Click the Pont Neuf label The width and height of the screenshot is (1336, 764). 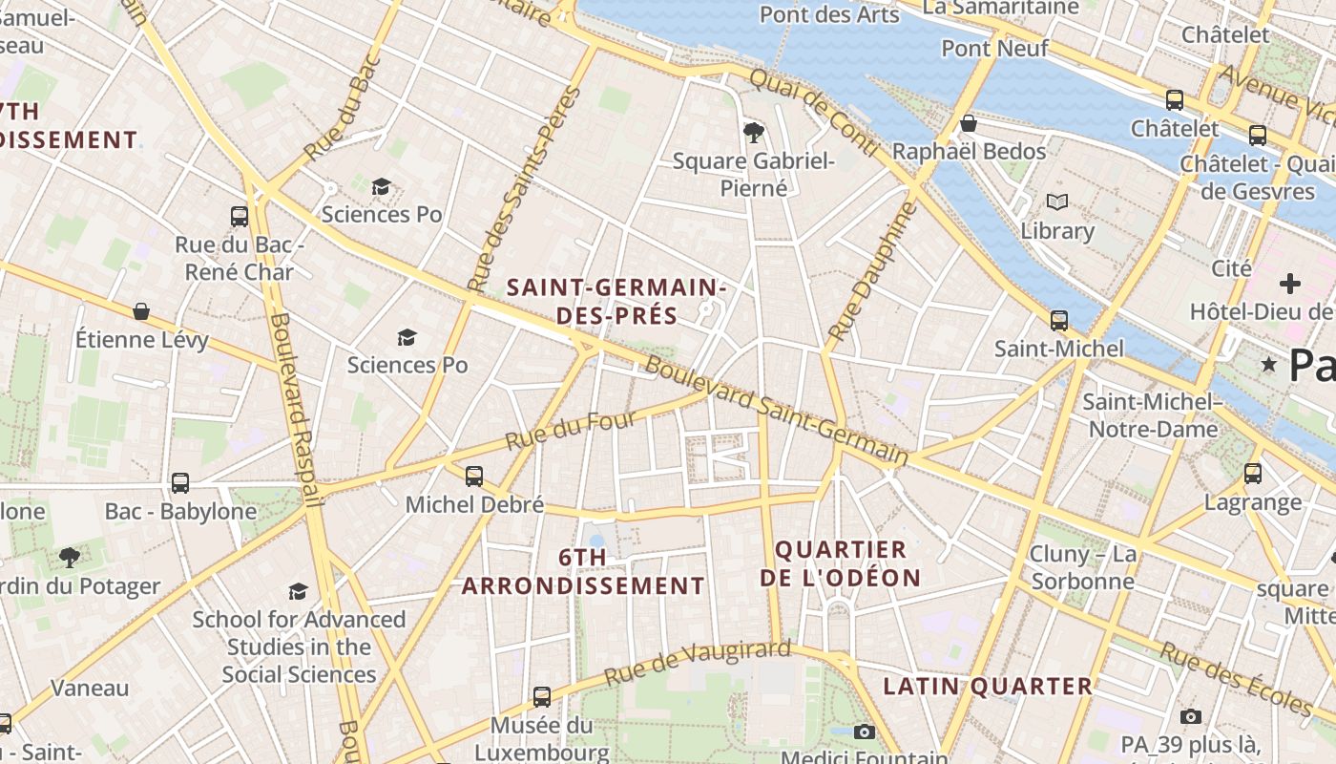994,48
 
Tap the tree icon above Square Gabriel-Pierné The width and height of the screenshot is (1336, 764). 753,132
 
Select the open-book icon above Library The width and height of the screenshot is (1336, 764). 1056,202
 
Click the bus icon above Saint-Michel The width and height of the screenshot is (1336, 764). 1059,320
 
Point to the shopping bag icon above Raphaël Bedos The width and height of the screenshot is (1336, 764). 969,123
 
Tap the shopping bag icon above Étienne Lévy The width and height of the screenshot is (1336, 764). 141,311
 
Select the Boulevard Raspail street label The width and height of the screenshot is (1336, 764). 293,407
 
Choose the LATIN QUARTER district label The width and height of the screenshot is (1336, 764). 988,686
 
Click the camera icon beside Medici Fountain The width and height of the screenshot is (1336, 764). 865,732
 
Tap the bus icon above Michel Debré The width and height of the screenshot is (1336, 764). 474,476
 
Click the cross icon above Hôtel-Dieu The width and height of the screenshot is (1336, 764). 1290,283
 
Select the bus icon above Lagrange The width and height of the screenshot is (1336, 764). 1253,473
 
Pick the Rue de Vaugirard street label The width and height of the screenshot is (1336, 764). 698,663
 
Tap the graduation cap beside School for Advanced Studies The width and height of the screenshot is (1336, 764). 299,591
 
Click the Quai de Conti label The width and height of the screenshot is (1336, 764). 813,113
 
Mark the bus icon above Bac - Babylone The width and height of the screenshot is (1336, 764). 180,483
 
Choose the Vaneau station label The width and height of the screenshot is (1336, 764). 90,688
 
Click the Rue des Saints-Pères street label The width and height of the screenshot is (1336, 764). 525,189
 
